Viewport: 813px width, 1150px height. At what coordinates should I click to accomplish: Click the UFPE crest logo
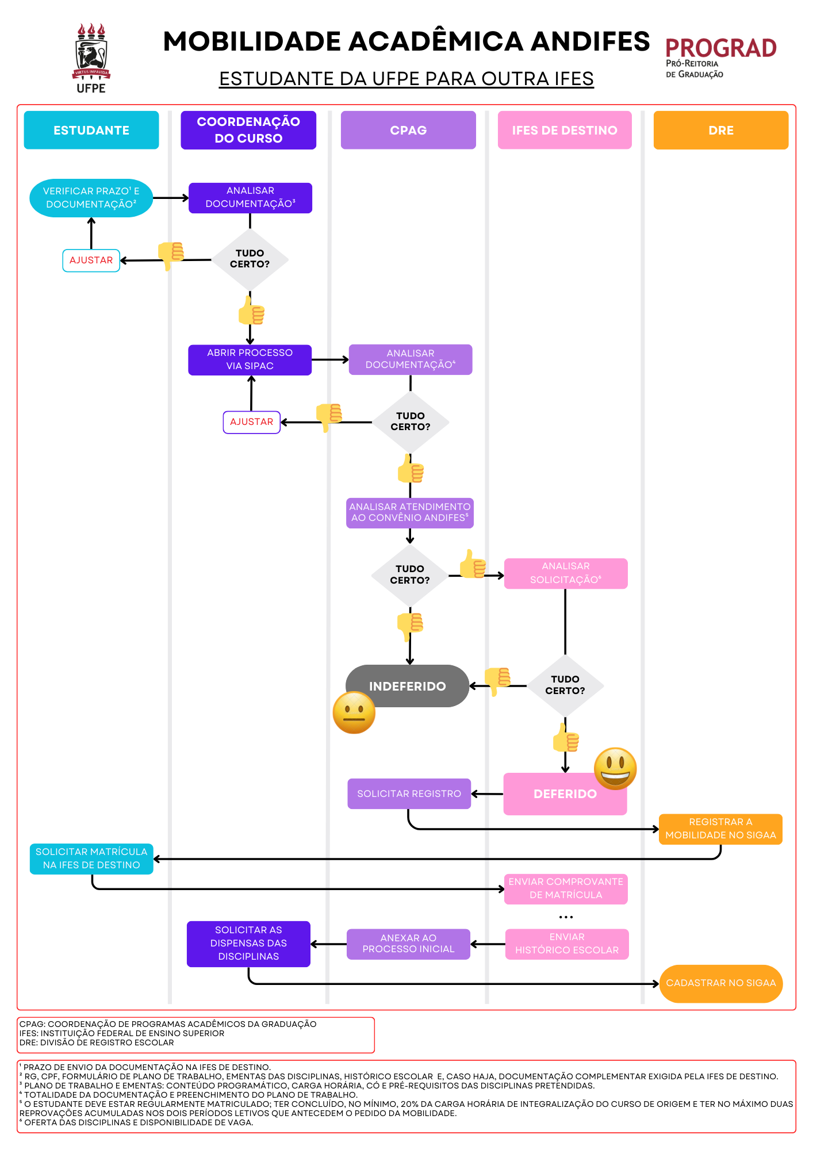[x=91, y=57]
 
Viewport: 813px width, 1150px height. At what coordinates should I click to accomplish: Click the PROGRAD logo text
[x=720, y=49]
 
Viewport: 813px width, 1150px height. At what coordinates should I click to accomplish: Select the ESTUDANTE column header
[x=91, y=131]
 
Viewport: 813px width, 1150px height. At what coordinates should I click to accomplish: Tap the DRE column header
[x=720, y=131]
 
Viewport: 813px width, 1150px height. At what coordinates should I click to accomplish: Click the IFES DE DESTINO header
[x=565, y=131]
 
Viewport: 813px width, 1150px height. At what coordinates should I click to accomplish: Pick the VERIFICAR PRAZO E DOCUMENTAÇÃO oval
[x=91, y=198]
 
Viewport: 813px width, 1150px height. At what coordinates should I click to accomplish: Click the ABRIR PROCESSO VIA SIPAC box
[x=250, y=360]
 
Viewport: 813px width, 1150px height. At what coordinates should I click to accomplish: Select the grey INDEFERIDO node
[x=407, y=686]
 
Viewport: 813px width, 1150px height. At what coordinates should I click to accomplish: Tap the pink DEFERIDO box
[x=565, y=794]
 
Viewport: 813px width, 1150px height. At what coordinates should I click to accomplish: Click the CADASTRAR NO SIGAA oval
[x=720, y=983]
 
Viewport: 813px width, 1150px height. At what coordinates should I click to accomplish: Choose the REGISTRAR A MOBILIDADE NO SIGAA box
[x=720, y=829]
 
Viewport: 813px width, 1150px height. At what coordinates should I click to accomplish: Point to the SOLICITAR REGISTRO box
[x=409, y=794]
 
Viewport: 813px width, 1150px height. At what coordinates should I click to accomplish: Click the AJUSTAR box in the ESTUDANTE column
[x=91, y=260]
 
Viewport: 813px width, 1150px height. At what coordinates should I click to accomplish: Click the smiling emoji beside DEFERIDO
[x=615, y=769]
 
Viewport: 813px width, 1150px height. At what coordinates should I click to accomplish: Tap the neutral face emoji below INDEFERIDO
[x=354, y=713]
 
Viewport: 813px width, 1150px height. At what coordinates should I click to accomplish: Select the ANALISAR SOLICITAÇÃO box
[x=566, y=573]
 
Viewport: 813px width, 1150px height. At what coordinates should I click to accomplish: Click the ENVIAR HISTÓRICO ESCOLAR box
[x=567, y=944]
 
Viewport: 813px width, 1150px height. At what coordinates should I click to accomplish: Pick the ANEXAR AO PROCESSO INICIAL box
[x=408, y=944]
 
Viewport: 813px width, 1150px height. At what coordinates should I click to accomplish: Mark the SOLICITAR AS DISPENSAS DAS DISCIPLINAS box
[x=248, y=944]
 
